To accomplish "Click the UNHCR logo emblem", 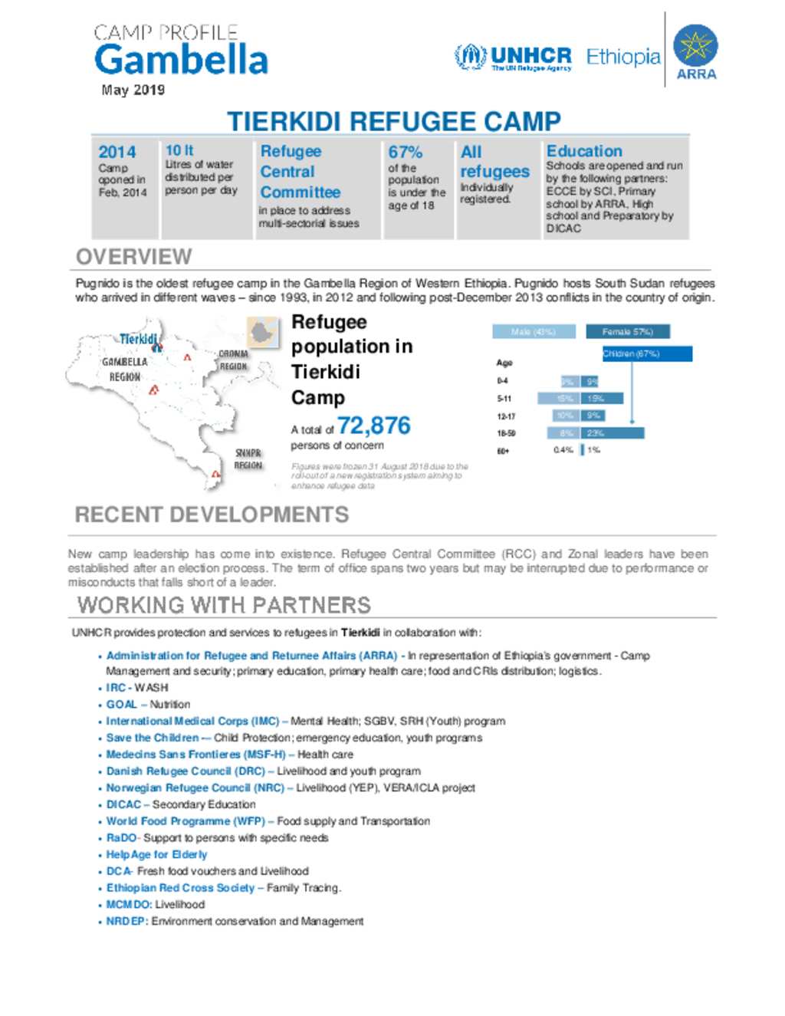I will [x=470, y=56].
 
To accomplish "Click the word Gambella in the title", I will [x=181, y=60].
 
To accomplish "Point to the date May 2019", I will [x=133, y=90].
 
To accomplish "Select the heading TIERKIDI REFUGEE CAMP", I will [x=393, y=121].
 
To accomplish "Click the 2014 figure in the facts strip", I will [x=117, y=152].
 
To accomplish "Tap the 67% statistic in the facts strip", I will [x=405, y=152].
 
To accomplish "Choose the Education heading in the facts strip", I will [x=584, y=151].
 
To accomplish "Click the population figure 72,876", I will [x=373, y=425].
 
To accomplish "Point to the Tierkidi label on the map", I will [x=138, y=339].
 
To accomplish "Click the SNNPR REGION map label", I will [x=248, y=459].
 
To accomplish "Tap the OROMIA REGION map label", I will [x=233, y=360].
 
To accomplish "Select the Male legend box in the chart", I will [x=534, y=331].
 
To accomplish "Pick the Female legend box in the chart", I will [x=627, y=331].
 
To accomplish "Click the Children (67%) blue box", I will [x=647, y=353].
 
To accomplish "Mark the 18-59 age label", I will [x=506, y=433].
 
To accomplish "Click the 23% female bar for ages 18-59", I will [x=613, y=433].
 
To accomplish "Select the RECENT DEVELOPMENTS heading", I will [x=212, y=515].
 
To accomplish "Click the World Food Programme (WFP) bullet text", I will [x=186, y=821].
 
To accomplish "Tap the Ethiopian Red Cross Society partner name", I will [x=180, y=888].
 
